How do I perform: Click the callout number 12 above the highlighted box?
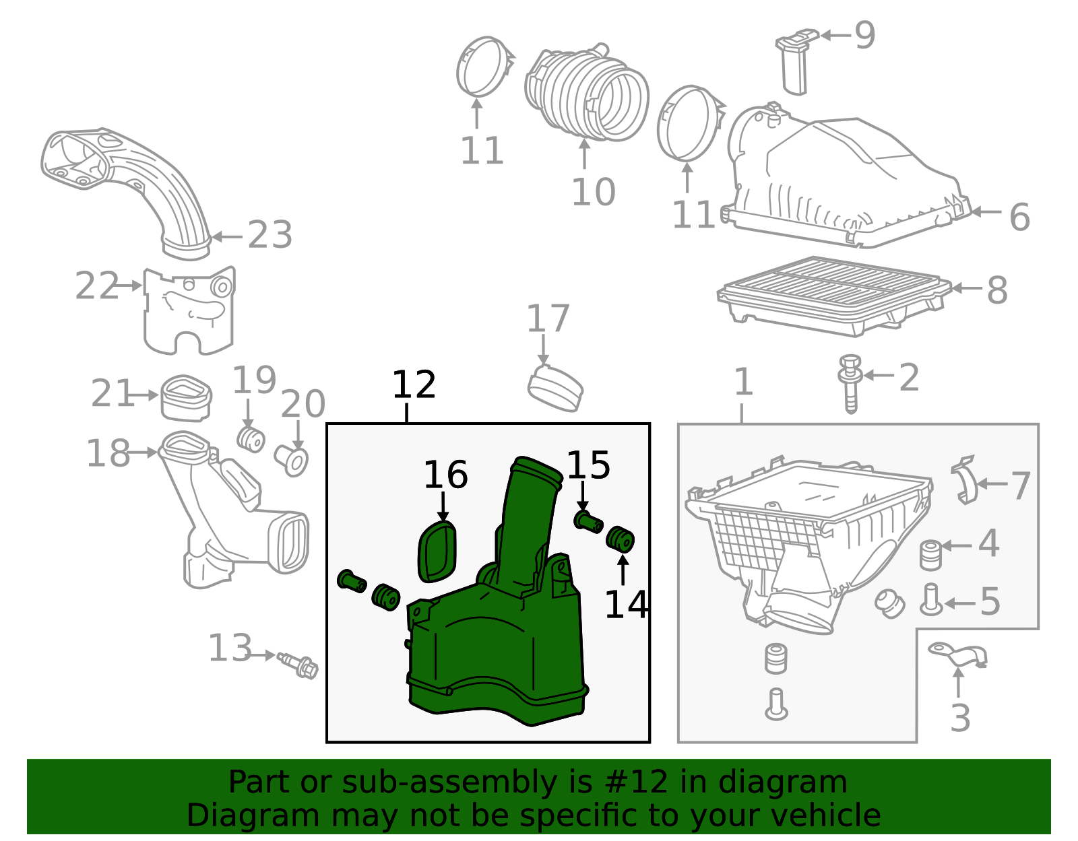point(414,385)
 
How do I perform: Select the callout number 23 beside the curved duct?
point(270,235)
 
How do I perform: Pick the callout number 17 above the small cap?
point(548,318)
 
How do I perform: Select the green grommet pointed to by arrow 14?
point(621,539)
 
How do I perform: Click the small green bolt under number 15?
point(588,521)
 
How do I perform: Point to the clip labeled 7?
point(965,479)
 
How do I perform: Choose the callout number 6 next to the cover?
point(1019,217)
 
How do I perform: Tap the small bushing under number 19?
point(251,439)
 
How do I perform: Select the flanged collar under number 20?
point(292,460)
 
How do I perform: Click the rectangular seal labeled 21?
point(186,397)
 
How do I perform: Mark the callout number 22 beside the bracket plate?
point(96,286)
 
